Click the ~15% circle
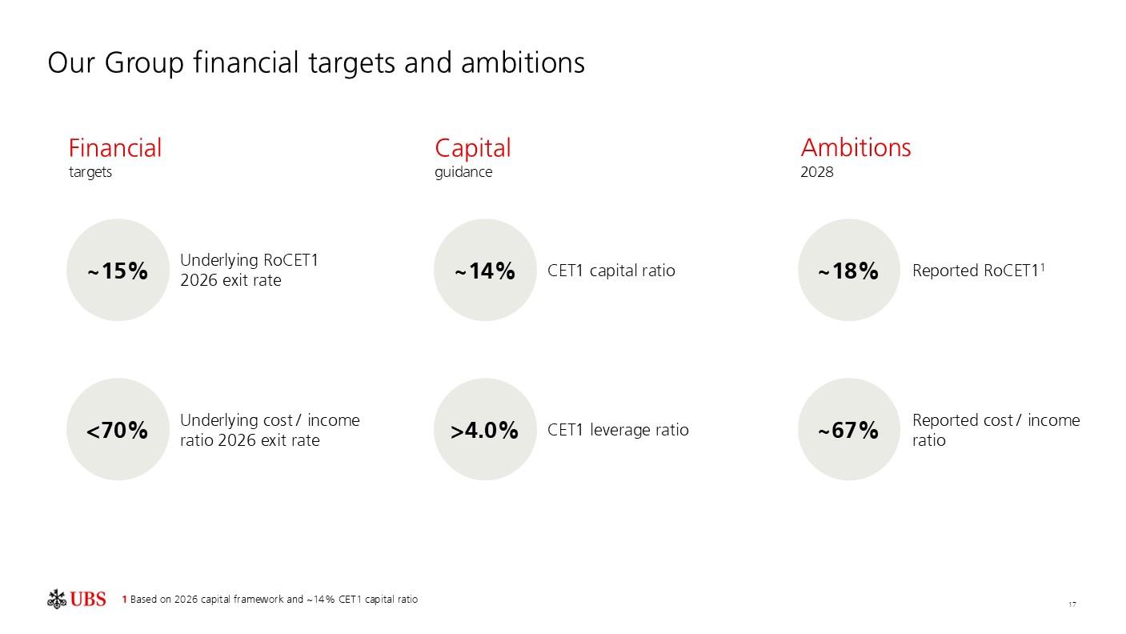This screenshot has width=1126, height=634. [x=118, y=270]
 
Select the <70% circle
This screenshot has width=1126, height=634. [x=118, y=429]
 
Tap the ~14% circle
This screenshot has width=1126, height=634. [x=485, y=270]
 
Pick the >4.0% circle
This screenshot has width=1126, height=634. [x=485, y=429]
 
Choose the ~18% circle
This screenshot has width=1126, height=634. [x=849, y=270]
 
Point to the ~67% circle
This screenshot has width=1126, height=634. [x=849, y=429]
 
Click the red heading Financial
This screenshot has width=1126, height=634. [x=115, y=148]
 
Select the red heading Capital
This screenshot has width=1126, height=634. [x=472, y=149]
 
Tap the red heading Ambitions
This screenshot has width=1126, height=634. [x=856, y=148]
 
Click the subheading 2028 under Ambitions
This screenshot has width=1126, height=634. [x=817, y=172]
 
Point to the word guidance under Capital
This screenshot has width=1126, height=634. [x=463, y=172]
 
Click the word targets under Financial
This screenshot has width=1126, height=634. [x=90, y=172]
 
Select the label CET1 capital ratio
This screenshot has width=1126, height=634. [x=611, y=271]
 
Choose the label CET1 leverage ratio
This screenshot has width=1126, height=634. [x=619, y=431]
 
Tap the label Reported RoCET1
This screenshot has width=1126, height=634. [x=976, y=271]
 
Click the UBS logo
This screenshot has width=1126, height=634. [x=76, y=599]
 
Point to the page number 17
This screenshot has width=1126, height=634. [x=1072, y=604]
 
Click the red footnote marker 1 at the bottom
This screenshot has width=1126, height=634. [x=125, y=600]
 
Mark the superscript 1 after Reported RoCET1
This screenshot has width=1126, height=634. [x=1043, y=267]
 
